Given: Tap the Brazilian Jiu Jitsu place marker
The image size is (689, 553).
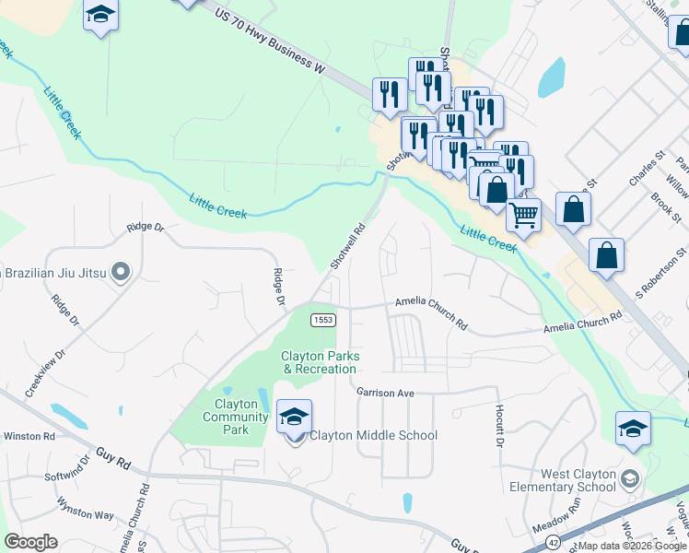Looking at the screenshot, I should (x=121, y=272).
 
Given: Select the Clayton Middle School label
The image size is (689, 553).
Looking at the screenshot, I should (x=373, y=435).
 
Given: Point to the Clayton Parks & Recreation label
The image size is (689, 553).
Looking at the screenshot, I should (x=320, y=362).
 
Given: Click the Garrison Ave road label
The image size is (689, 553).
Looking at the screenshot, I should (x=386, y=393).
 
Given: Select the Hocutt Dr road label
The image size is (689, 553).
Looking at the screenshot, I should (x=499, y=424).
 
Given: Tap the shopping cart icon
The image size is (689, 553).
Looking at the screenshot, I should (x=523, y=215).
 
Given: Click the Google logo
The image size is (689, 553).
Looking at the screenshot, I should (x=31, y=541).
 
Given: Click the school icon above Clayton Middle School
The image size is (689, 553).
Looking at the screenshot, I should (x=294, y=417).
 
